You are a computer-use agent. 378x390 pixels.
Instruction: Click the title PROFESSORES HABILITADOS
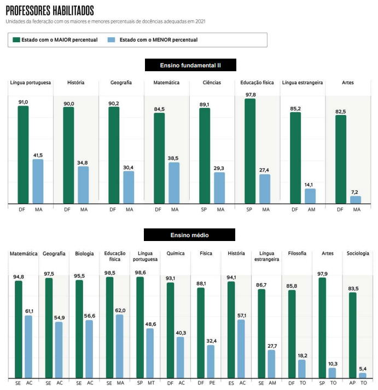tap(50, 11)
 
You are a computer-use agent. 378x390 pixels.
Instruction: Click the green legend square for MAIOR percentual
tap(16, 40)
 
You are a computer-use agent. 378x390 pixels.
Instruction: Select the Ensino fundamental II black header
tap(190, 65)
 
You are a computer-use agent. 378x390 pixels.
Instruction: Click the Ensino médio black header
tap(189, 235)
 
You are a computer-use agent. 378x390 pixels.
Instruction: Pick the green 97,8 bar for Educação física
tap(250, 152)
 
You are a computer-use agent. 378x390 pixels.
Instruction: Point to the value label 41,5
tap(38, 155)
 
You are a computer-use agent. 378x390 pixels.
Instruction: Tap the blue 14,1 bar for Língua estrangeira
tap(310, 196)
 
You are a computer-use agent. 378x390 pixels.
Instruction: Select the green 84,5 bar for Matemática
tap(159, 158)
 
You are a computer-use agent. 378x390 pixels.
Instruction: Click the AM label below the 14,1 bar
tap(312, 210)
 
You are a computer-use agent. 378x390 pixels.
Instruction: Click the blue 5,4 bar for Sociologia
tap(363, 375)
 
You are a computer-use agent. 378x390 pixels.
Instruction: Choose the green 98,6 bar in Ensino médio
tap(140, 327)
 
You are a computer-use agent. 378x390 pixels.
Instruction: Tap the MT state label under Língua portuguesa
tap(151, 382)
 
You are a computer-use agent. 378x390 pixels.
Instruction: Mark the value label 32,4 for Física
tap(211, 340)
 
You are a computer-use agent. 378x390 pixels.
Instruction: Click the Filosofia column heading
tap(298, 254)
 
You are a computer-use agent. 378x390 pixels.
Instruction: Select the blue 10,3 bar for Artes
tap(332, 372)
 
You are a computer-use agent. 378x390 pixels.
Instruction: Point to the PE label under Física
tap(212, 382)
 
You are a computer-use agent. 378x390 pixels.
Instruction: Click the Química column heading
tap(176, 254)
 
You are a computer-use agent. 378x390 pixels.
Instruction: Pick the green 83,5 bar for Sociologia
tap(352, 335)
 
